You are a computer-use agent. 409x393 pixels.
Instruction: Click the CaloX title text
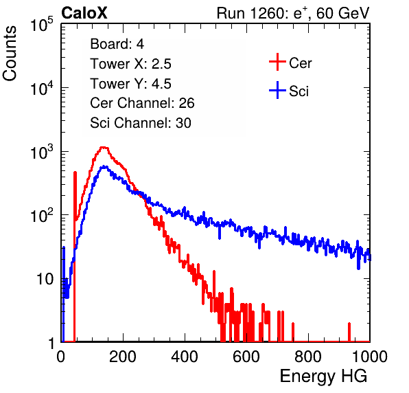click(84, 13)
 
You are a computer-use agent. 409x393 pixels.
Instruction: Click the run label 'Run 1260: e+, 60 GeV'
click(293, 13)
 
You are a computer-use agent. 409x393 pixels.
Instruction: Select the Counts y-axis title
click(10, 54)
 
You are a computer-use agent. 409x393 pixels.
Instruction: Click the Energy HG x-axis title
click(323, 377)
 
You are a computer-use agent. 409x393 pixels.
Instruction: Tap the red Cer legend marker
click(277, 62)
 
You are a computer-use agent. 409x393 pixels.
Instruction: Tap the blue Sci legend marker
click(277, 90)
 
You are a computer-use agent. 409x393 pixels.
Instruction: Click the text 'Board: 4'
click(117, 44)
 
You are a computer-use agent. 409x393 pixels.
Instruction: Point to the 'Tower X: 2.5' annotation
click(130, 64)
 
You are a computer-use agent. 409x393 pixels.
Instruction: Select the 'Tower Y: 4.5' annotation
click(130, 84)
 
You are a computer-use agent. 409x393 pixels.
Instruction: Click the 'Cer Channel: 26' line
click(142, 103)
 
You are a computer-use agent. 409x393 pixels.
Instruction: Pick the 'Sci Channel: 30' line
click(141, 123)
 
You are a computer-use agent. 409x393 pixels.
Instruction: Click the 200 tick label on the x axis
click(123, 357)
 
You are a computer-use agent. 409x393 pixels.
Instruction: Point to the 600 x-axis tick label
click(246, 357)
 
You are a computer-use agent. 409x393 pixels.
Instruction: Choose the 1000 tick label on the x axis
click(370, 357)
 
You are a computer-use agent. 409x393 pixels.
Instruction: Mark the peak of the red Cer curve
click(104, 148)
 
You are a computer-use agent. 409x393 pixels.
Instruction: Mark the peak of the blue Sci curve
click(104, 166)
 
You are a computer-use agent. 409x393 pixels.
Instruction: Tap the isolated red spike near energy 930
click(349, 332)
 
